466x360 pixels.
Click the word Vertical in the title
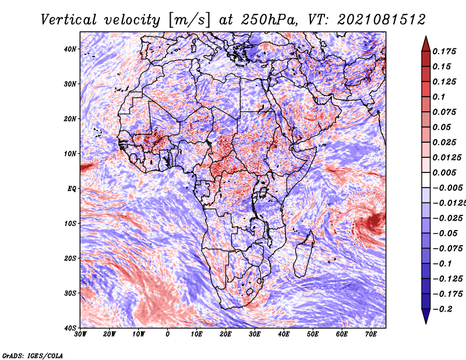point(69,20)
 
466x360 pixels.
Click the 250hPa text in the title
point(269,20)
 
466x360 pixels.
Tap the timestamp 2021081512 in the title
point(382,20)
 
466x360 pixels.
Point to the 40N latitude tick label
point(70,49)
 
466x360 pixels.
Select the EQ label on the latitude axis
point(72,189)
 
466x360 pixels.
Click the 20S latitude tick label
point(70,258)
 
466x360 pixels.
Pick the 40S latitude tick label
point(70,328)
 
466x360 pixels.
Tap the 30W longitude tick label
point(80,334)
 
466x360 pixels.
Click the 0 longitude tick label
point(168,334)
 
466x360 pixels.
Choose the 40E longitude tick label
point(284,334)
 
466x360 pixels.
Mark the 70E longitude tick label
point(371,334)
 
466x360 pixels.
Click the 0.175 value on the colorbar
point(444,52)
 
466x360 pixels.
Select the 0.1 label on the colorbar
point(439,97)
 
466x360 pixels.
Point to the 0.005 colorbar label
point(444,172)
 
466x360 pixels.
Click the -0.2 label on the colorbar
point(442,309)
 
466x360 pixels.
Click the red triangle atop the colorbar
point(426,44)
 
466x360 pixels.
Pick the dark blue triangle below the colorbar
point(426,316)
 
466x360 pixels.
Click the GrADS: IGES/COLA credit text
point(33,356)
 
